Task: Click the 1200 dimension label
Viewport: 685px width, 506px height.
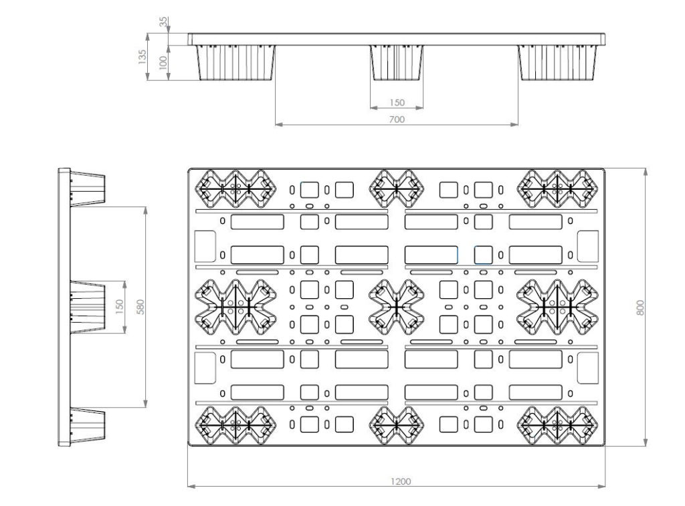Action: point(400,481)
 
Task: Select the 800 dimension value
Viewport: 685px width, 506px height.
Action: point(640,307)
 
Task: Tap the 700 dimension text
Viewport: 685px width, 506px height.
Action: point(397,119)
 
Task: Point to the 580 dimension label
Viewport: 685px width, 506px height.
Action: point(140,307)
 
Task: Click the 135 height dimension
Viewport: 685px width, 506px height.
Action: point(142,57)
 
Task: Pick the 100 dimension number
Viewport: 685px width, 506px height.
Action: point(163,62)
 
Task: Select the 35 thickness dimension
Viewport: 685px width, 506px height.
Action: point(163,21)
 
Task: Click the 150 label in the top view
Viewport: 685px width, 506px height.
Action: point(397,102)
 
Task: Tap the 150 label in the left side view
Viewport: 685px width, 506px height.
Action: point(119,307)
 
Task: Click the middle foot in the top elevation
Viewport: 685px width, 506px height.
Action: point(397,63)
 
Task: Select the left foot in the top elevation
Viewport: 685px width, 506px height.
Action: point(235,63)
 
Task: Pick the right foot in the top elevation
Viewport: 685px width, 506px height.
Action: point(557,63)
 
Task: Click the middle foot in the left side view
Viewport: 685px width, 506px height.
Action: point(88,307)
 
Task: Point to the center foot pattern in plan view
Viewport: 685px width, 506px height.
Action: point(396,307)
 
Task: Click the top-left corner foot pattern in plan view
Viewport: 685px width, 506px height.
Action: point(235,189)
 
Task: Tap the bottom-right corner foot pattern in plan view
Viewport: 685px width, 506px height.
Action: point(557,425)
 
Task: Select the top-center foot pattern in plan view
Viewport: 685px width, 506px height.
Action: point(396,189)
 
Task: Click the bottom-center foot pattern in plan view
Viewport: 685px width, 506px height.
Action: point(396,425)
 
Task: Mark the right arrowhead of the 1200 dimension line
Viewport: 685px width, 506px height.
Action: point(602,486)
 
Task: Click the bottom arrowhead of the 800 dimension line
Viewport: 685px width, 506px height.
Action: point(646,442)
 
